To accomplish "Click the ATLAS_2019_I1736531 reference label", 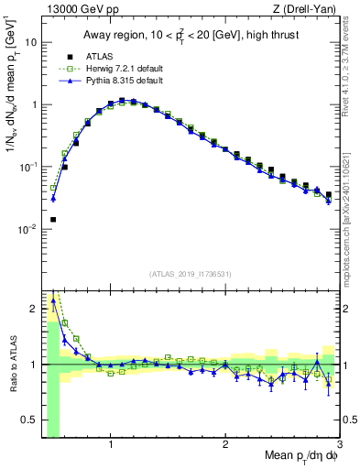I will pos(190,274).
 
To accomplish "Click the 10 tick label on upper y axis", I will pos(30,42).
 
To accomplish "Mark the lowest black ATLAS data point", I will pos(53,220).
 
